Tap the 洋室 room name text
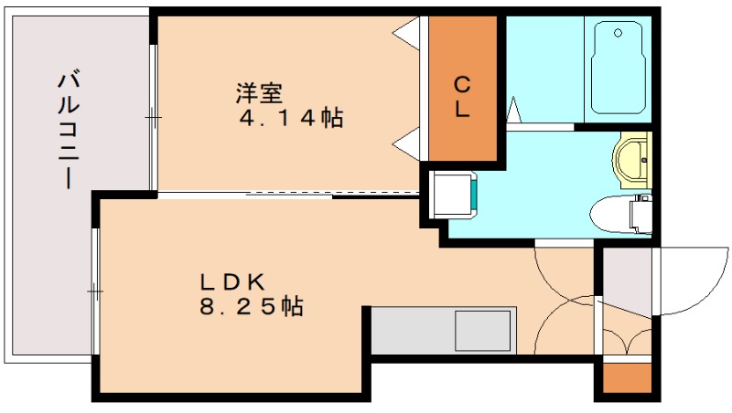(259, 93)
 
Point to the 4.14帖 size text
(290, 118)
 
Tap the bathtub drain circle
(619, 34)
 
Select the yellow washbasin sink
(632, 158)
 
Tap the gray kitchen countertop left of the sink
(412, 330)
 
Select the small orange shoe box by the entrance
(627, 378)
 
